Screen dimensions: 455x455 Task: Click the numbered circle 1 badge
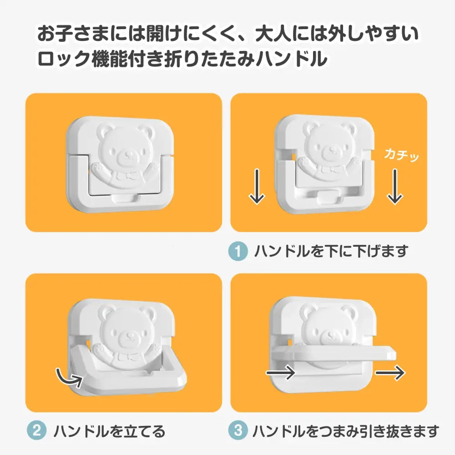tap(238, 251)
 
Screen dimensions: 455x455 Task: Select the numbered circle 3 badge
tap(238, 430)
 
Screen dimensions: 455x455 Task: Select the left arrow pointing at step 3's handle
tap(280, 373)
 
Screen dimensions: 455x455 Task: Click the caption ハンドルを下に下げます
tap(331, 251)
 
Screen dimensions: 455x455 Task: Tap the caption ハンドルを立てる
tap(109, 430)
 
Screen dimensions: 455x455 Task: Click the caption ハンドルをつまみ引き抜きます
tap(346, 430)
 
